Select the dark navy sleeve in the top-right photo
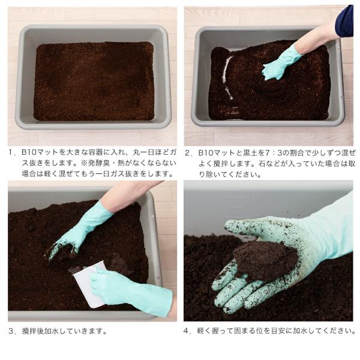[344, 22]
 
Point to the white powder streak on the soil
[227, 78]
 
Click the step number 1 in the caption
[10, 152]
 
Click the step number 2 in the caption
[188, 152]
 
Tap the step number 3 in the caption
[11, 331]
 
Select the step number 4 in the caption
[186, 331]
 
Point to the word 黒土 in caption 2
[250, 152]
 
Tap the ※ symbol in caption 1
[83, 163]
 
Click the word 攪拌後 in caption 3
[32, 331]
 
